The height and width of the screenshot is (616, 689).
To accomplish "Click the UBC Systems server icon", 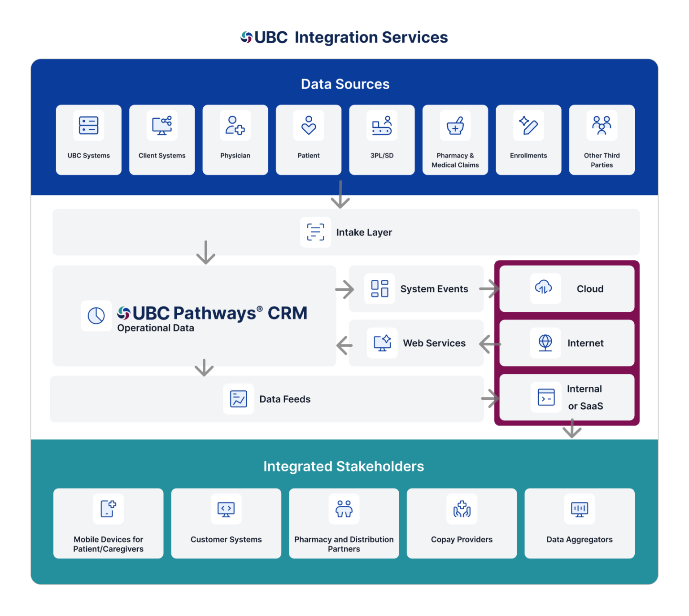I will [x=88, y=125].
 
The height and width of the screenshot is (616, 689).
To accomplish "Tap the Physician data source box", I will [x=235, y=140].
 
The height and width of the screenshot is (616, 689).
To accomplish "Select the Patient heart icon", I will [x=309, y=125].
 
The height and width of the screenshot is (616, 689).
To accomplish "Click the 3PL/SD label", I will [x=382, y=156].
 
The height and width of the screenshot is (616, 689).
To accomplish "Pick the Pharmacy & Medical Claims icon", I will [x=455, y=125].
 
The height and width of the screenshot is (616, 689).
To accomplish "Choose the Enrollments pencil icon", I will [x=528, y=125].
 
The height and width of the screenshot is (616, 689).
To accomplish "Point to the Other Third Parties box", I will [x=602, y=140].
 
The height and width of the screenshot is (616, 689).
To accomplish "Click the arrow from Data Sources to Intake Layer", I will [x=340, y=195].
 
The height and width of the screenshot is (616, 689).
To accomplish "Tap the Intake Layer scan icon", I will [x=315, y=232].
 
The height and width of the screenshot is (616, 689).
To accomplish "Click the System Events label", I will [x=434, y=289].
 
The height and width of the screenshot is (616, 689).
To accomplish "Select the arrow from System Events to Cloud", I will [x=489, y=289].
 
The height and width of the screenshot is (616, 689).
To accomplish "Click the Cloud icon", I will [x=544, y=287].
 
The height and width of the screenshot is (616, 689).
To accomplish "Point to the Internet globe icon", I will [x=545, y=343].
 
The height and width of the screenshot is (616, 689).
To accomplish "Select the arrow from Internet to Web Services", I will [x=490, y=344].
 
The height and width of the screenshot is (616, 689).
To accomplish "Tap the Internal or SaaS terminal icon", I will [x=546, y=398].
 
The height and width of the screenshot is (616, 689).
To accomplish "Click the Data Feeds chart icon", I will [x=238, y=399].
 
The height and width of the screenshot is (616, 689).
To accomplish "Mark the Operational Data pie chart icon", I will [x=96, y=316].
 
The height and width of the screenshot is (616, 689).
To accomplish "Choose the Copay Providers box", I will [x=462, y=523].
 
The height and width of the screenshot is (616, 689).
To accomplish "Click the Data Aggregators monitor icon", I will [x=579, y=509].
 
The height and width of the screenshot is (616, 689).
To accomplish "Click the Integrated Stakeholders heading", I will [x=344, y=466].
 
